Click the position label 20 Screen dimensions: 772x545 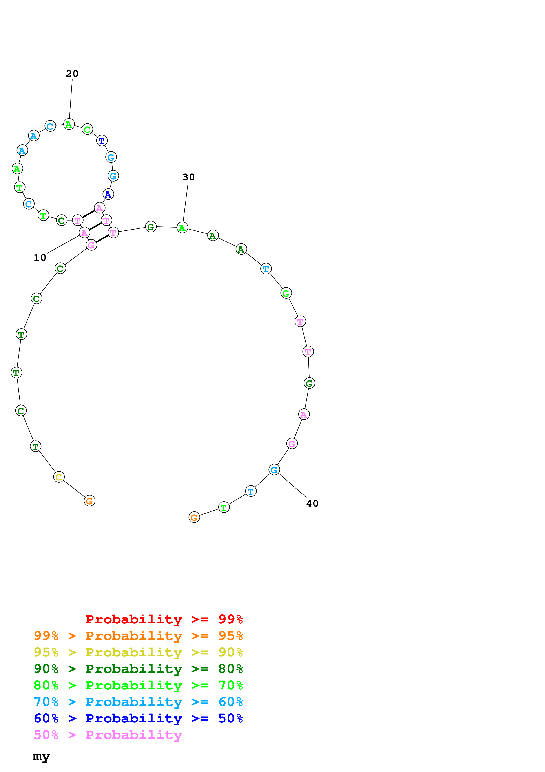point(72,74)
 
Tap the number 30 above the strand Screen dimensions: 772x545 point(188,177)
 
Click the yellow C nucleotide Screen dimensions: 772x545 point(59,477)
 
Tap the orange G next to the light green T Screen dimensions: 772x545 point(194,517)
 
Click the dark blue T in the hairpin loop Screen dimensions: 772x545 point(102,141)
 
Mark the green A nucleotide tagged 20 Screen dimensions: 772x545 point(69,124)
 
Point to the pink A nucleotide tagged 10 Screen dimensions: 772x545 point(84,233)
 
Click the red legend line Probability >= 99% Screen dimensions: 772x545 point(164,619)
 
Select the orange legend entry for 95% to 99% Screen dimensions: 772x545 point(138,636)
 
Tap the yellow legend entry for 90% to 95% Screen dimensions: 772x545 point(138,652)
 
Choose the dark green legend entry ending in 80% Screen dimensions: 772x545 point(138,669)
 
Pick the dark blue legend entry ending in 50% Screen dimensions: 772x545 point(138,718)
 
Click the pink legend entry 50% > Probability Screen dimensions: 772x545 point(108,735)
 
